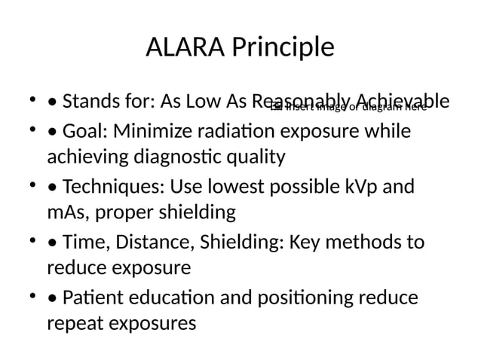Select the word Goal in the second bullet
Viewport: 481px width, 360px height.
[x=87, y=131]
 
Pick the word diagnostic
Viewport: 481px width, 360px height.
[x=177, y=157]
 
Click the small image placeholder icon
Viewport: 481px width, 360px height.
[x=275, y=108]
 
